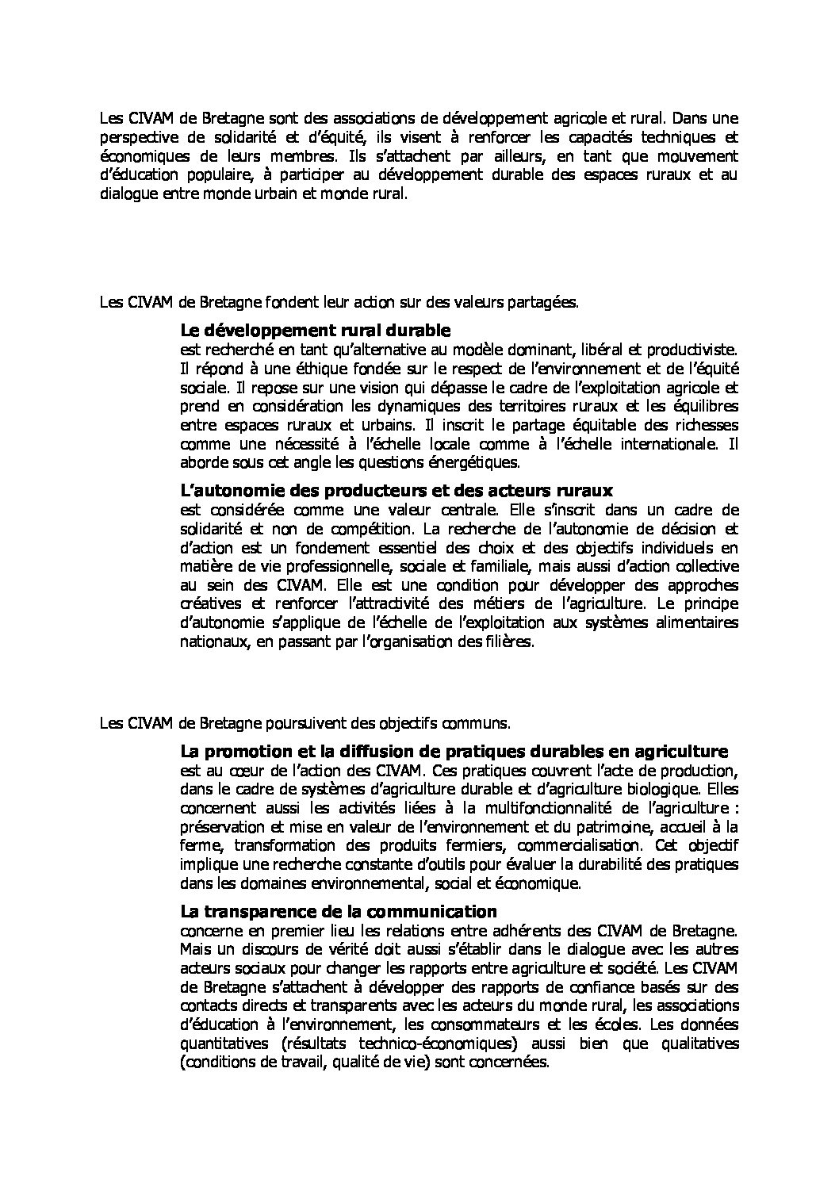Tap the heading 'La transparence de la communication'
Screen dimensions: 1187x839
(339, 911)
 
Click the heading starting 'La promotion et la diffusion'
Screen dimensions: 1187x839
(454, 751)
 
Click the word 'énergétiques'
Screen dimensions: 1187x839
(476, 461)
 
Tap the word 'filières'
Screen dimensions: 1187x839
(508, 642)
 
